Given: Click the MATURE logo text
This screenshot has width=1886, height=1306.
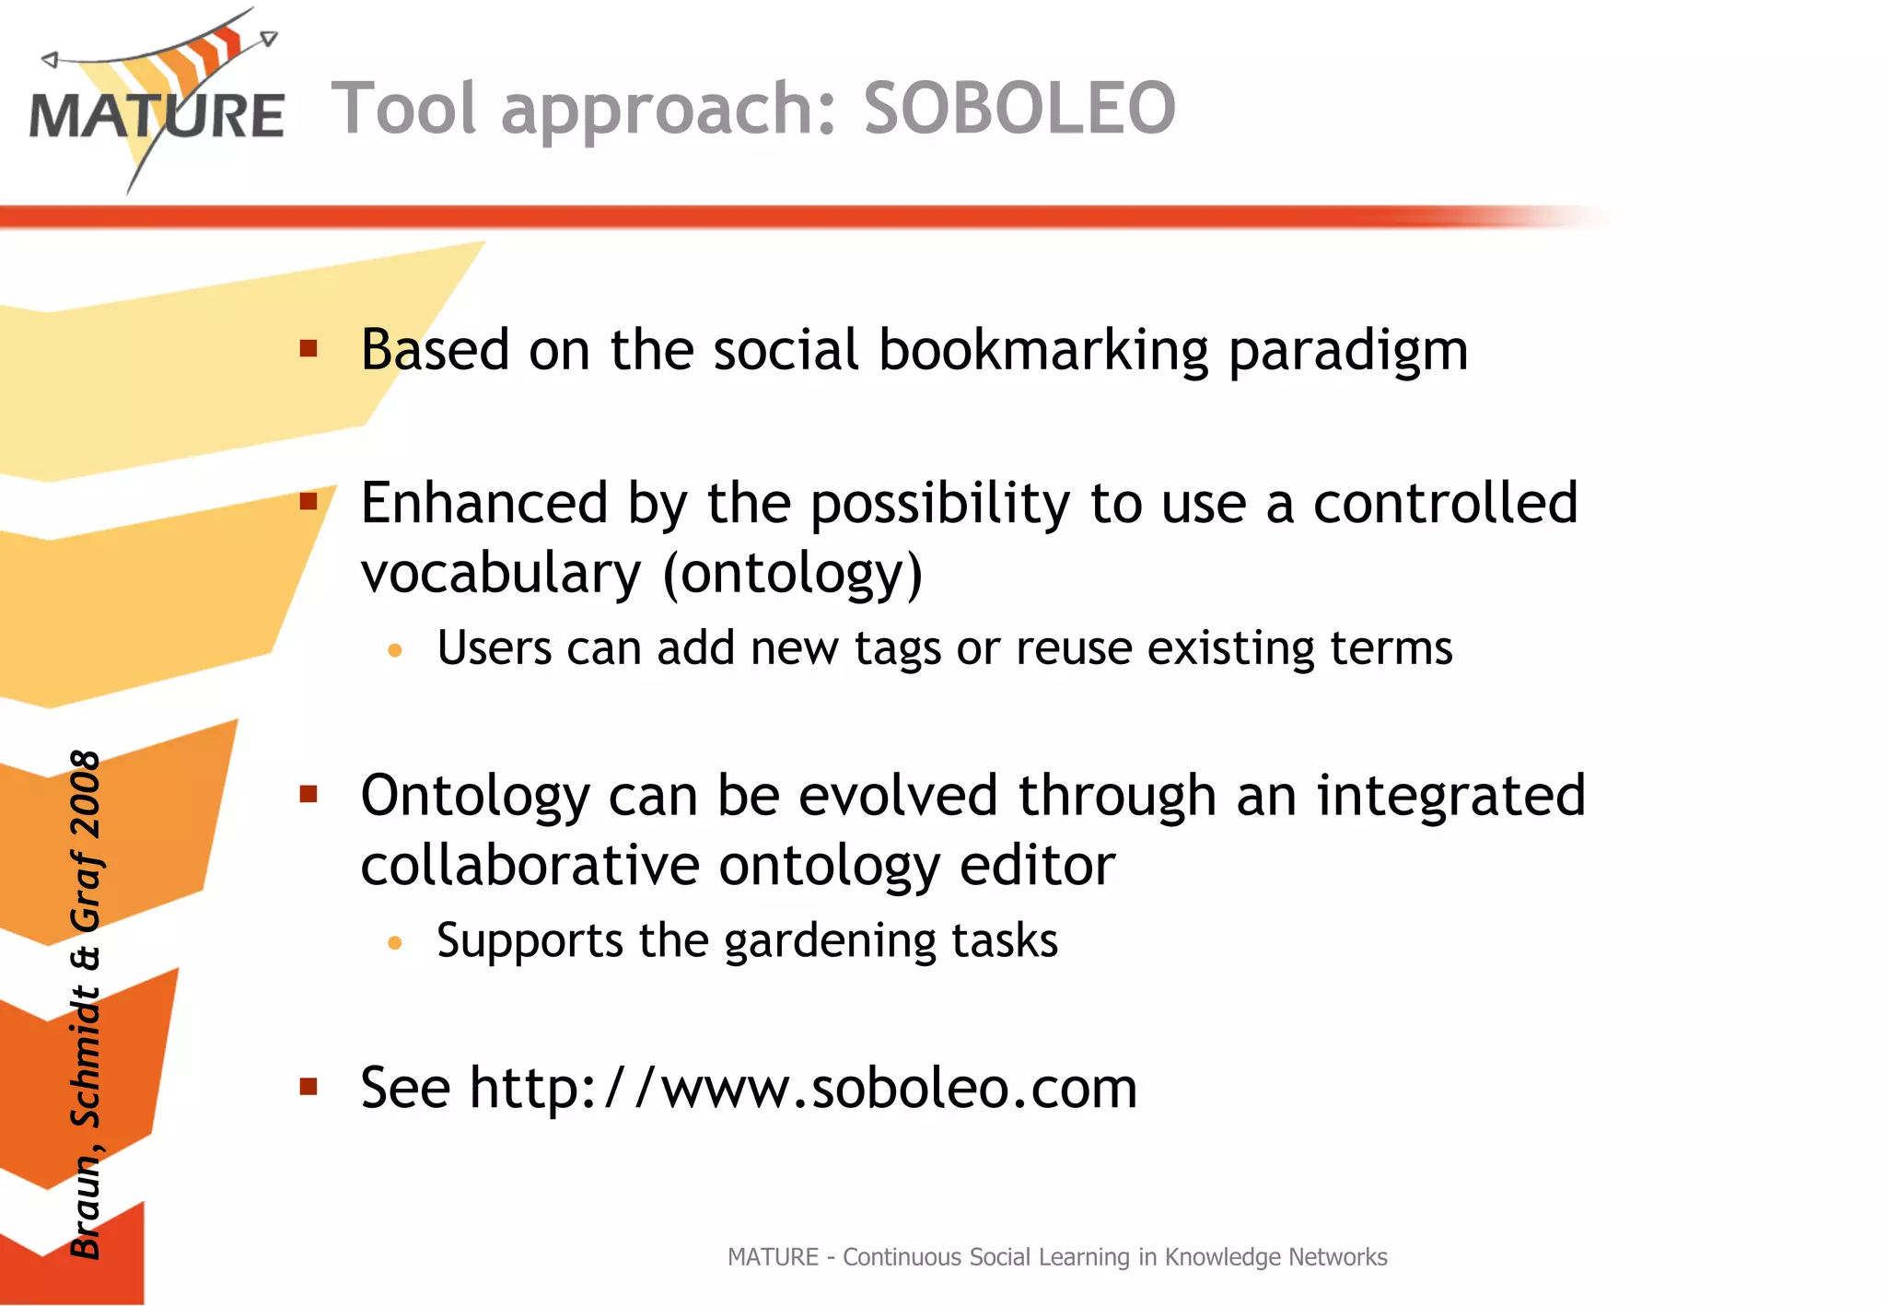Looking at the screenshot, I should (x=157, y=116).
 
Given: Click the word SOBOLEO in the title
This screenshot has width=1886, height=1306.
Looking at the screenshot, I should (x=1019, y=109).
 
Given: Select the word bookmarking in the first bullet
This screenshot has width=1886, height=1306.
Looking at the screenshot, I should (x=1043, y=351).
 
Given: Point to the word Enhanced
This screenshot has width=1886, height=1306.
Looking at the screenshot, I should (x=483, y=504).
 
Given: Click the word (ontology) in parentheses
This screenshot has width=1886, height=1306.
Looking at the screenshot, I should (x=792, y=574).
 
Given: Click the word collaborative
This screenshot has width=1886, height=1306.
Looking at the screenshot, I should (x=530, y=866).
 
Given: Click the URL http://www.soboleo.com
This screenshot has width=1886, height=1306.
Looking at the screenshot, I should (x=803, y=1088).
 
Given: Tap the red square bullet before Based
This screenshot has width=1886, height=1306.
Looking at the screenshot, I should (x=309, y=349).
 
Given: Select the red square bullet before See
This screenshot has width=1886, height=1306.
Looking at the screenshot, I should (x=309, y=1088).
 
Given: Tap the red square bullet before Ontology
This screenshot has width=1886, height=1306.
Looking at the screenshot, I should (x=309, y=795).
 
